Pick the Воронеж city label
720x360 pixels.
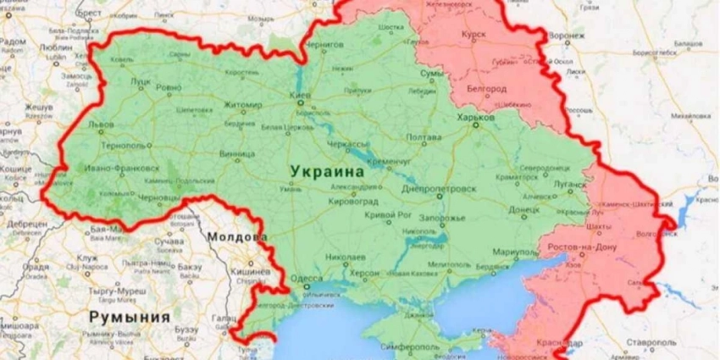pyautogui.click(x=567, y=36)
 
